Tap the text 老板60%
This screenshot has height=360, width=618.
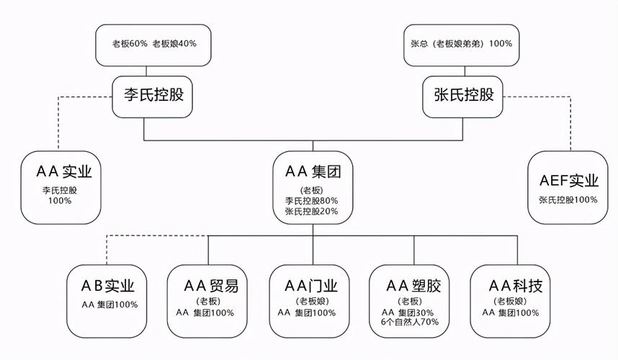tap(129, 43)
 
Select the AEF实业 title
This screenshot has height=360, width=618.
tap(568, 180)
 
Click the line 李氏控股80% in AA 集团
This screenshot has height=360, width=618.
tap(311, 201)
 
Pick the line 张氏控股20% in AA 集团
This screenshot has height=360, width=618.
tap(311, 212)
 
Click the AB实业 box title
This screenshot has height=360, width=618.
tap(109, 286)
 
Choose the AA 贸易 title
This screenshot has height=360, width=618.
tap(210, 286)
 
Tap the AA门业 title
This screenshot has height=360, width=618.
tap(313, 286)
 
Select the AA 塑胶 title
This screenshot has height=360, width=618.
tap(413, 286)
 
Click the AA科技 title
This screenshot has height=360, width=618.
tap(515, 286)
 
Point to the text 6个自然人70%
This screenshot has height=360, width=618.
tap(410, 322)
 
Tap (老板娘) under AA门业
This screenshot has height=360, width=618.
tap(313, 301)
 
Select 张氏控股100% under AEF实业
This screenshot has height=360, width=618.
tap(568, 199)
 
